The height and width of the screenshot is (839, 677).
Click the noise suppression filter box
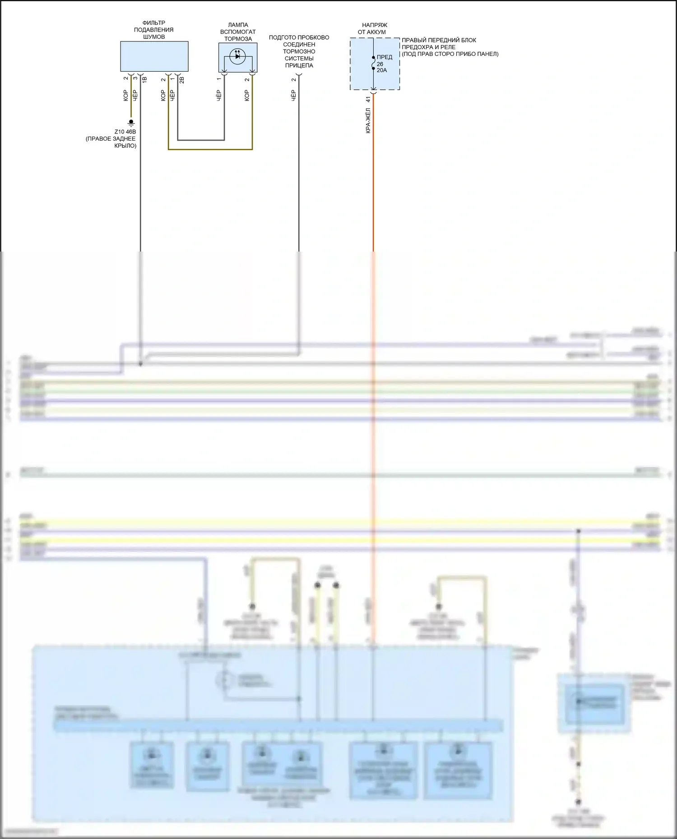pos(154,56)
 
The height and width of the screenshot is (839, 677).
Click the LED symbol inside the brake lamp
pos(237,56)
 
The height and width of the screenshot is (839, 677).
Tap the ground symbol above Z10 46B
pos(131,122)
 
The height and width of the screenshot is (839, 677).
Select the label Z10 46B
pos(125,132)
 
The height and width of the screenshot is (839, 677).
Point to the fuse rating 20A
pos(382,70)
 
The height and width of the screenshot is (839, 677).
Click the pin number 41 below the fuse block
pos(368,99)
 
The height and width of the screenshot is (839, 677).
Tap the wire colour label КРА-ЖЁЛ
pos(368,120)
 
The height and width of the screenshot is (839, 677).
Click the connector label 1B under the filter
pos(144,80)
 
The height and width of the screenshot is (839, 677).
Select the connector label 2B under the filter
pos(182,80)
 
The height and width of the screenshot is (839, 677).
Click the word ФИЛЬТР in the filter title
pos(153,23)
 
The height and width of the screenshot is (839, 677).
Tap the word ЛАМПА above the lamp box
pos(238,25)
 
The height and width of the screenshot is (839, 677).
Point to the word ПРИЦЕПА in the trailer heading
pos(299,65)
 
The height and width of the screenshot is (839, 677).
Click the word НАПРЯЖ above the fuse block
pos(375,25)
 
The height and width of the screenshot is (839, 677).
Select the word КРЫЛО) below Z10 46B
pos(125,146)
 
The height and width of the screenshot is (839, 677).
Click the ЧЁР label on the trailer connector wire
pos(293,95)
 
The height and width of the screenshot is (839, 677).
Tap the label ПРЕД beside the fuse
pos(385,57)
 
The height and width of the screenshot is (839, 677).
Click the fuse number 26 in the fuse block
pos(380,64)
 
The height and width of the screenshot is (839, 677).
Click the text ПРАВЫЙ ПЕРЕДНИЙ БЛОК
pos(439,40)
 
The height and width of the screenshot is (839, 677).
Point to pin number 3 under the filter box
pos(135,78)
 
